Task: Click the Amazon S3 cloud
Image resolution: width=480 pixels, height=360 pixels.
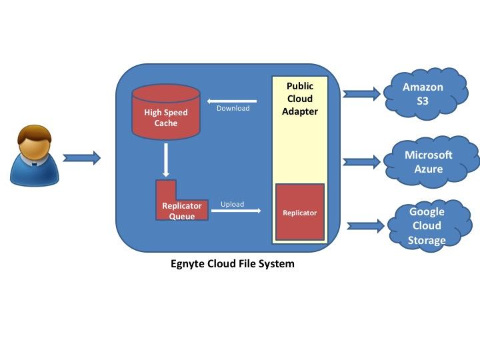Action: (x=423, y=93)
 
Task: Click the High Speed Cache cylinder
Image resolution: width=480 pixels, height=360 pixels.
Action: (x=166, y=117)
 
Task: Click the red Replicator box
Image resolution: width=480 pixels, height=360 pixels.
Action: (x=300, y=212)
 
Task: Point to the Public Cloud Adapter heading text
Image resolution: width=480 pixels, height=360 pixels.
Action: (x=300, y=99)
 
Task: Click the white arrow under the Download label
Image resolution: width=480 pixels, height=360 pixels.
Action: (x=233, y=101)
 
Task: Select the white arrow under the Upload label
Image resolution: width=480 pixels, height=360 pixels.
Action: (x=235, y=211)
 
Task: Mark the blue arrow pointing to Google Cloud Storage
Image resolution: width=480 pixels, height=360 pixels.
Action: (x=365, y=225)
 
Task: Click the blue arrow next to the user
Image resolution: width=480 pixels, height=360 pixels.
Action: (x=81, y=158)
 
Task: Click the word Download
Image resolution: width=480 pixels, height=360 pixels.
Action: (x=233, y=108)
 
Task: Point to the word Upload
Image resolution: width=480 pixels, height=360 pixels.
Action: (x=233, y=204)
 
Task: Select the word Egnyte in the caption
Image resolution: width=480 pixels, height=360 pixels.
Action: (x=189, y=263)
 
